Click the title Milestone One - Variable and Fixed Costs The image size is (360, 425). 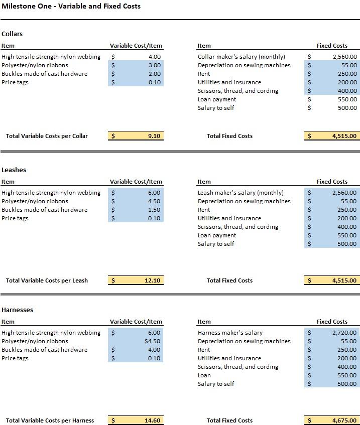[71, 7]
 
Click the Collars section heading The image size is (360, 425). [12, 34]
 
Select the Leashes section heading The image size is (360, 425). [14, 170]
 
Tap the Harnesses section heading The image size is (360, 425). [18, 310]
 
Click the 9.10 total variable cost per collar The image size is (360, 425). [154, 136]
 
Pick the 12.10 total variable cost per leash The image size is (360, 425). [152, 280]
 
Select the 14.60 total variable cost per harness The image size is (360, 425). [152, 420]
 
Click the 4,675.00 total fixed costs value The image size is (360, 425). [344, 420]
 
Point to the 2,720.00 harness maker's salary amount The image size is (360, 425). [344, 333]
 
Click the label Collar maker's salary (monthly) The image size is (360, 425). [241, 57]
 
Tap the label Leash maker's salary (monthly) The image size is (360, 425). [241, 193]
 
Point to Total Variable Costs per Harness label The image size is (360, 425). [50, 420]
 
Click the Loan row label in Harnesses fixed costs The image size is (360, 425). [204, 375]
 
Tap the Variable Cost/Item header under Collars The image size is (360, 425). [136, 46]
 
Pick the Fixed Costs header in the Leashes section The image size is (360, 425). [332, 182]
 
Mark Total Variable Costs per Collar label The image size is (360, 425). [47, 136]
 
